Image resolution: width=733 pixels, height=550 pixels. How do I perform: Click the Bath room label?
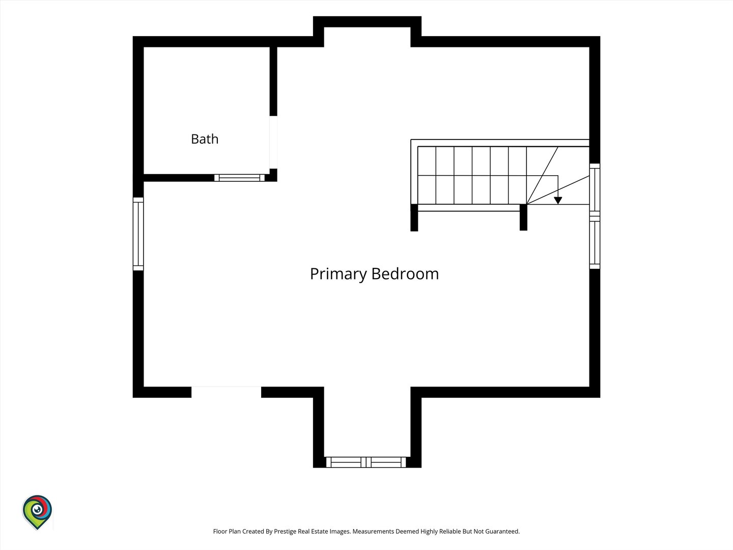[205, 139]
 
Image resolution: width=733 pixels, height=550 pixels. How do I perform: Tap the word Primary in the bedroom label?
[339, 274]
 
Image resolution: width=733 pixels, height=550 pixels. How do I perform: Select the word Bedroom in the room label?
[405, 274]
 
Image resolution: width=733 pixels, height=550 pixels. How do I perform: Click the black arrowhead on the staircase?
[558, 200]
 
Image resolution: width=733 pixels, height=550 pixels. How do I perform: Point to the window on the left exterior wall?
[138, 234]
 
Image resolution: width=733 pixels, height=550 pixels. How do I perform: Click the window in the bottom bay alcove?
[366, 462]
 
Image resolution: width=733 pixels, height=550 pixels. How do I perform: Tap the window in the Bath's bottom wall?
[239, 178]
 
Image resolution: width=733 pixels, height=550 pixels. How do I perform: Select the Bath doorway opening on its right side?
[273, 142]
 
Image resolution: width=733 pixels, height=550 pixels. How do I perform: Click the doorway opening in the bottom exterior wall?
[226, 392]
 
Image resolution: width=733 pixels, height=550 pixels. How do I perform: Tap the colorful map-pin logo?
[37, 512]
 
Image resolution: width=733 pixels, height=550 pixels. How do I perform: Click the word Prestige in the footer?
[285, 532]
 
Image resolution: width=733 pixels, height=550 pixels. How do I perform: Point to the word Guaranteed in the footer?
[502, 531]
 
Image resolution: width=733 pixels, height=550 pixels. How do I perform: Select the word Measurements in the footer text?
[374, 531]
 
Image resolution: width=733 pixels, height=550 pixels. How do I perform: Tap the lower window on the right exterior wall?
[595, 242]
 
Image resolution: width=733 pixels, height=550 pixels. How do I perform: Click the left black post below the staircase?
[414, 217]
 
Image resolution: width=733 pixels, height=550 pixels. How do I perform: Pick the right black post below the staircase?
[523, 217]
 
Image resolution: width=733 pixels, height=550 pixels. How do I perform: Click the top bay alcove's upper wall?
[367, 22]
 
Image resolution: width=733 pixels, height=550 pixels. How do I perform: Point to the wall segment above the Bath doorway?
[273, 81]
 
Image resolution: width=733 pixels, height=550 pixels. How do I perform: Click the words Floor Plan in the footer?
[227, 531]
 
